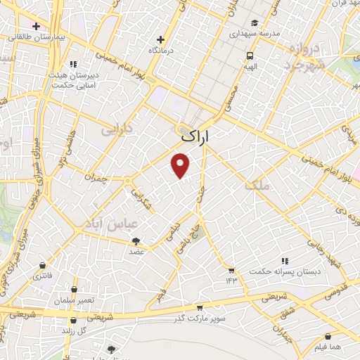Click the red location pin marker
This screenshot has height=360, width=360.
[x=181, y=165]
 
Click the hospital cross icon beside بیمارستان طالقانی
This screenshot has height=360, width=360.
[x=36, y=26]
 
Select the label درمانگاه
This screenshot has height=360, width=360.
[x=161, y=51]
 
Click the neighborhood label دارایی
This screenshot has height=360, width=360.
[x=117, y=130]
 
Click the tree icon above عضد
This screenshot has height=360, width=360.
[x=136, y=241]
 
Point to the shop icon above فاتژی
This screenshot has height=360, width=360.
[x=44, y=266]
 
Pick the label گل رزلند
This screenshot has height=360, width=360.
[x=73, y=330]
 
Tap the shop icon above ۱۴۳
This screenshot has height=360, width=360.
[x=231, y=270]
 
